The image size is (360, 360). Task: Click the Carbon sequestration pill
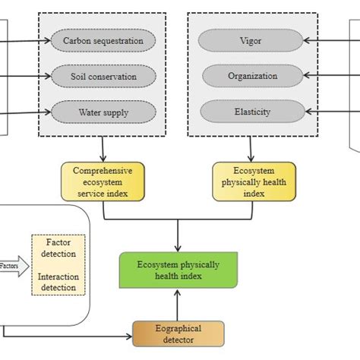coord(103,39)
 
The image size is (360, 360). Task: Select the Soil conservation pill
coord(103,76)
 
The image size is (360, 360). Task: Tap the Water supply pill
coord(103,113)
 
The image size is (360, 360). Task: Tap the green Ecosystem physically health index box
coord(178,270)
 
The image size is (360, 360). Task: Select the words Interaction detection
coord(58,282)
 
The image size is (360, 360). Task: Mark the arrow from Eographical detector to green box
coord(178,306)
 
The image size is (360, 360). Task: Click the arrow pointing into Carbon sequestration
coord(30,39)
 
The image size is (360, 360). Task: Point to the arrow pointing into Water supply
coord(30,113)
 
